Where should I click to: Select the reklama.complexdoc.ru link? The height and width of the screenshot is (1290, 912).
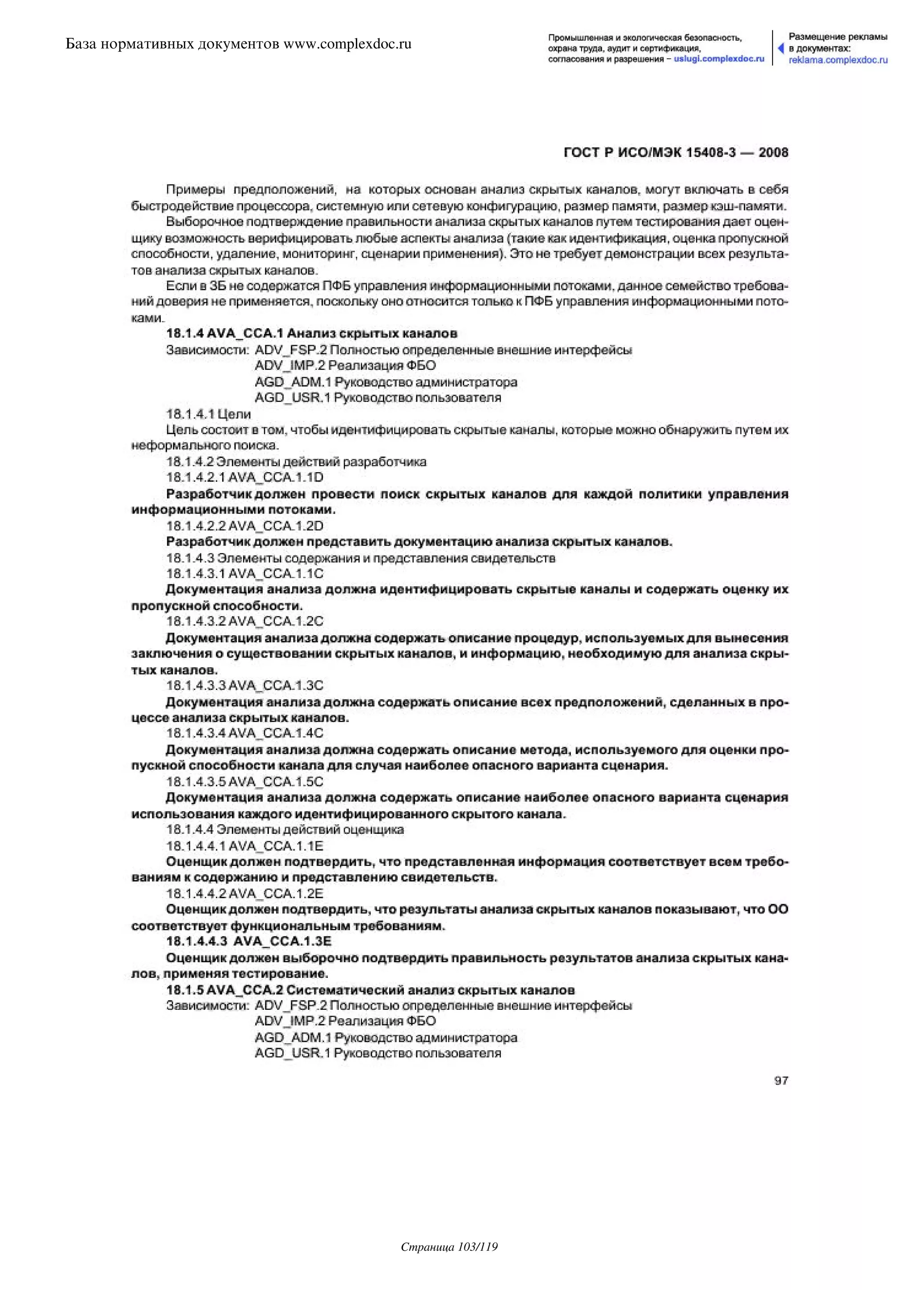point(838,60)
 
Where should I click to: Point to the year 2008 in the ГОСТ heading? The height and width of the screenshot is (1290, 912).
point(774,152)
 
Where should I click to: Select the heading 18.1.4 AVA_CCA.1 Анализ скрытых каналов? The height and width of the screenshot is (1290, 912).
point(312,334)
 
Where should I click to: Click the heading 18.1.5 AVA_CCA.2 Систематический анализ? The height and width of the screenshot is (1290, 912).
point(370,990)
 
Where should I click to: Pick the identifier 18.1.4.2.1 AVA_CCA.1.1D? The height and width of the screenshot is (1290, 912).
point(245,478)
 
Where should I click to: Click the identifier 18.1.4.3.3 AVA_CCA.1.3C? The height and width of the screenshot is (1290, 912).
point(245,686)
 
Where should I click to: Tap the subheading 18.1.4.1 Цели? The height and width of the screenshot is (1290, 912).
point(208,414)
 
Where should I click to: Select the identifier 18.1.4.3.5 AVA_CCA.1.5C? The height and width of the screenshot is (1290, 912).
point(245,782)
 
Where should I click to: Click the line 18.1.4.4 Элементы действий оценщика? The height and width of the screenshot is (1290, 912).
point(285,829)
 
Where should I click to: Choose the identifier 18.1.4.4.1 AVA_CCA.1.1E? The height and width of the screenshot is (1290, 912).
point(245,846)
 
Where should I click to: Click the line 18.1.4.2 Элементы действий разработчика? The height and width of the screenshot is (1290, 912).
point(296,462)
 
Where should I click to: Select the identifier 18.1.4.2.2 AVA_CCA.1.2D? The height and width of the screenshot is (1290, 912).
point(245,526)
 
